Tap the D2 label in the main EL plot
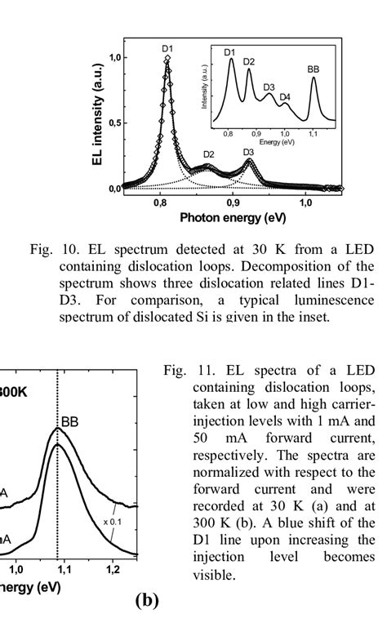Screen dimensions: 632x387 [209, 154]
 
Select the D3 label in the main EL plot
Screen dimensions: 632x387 [248, 152]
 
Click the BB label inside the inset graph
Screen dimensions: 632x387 [314, 69]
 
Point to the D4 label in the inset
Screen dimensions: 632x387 [285, 97]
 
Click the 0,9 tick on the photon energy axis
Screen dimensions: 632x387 [234, 203]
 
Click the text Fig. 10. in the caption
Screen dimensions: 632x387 [53, 250]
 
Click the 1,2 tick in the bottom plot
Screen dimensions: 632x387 [113, 569]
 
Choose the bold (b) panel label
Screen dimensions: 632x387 [147, 601]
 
